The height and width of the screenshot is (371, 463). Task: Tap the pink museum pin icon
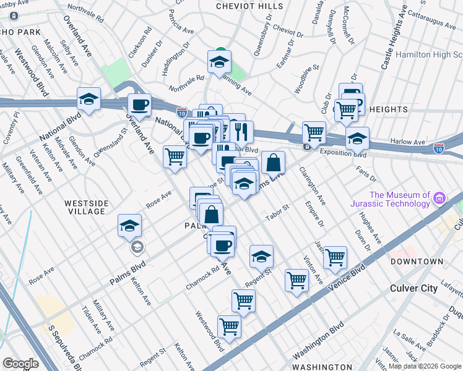click(x=439, y=198)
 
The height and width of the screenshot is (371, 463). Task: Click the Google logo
click(x=20, y=364)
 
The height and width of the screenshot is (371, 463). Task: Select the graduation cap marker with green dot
click(x=219, y=62)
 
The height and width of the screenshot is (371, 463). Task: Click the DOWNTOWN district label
click(x=417, y=262)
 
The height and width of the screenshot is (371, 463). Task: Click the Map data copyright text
click(x=424, y=365)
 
